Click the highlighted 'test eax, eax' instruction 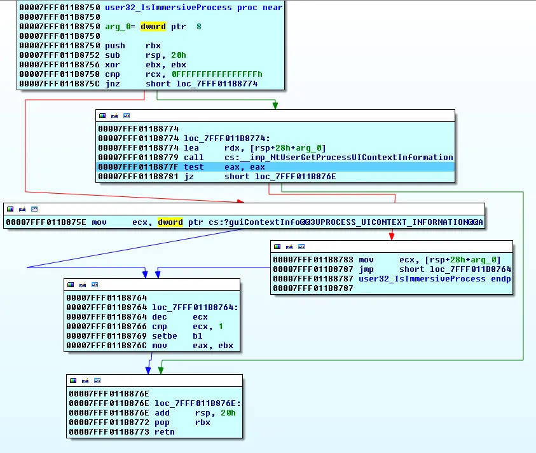[x=224, y=167]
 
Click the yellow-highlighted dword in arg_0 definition [x=153, y=27]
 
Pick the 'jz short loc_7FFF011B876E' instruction [x=260, y=177]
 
